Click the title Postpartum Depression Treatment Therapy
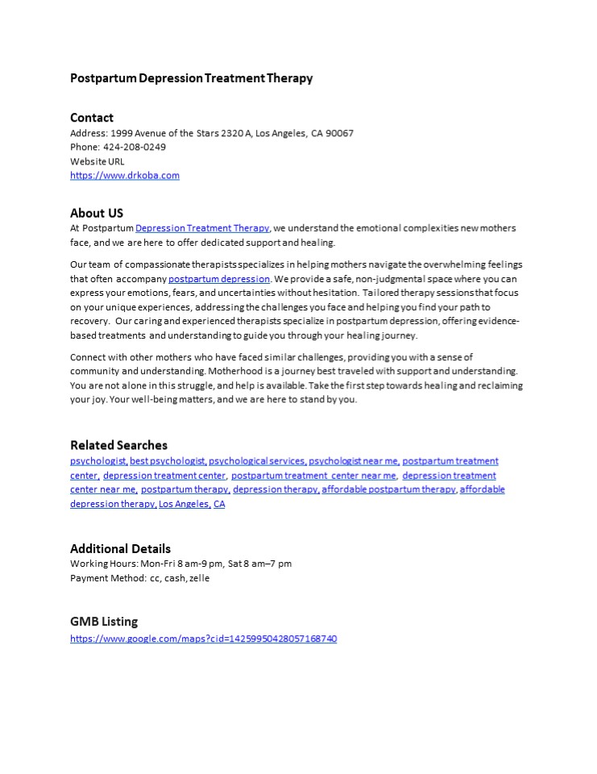[x=191, y=78]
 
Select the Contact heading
[x=92, y=118]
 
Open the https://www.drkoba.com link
[x=125, y=175]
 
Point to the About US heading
[x=97, y=214]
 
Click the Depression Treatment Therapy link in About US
[x=202, y=228]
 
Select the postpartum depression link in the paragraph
[x=219, y=279]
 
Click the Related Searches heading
[x=118, y=445]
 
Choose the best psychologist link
[x=168, y=461]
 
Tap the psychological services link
[x=257, y=461]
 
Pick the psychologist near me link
[x=354, y=461]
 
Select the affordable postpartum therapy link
[x=388, y=489]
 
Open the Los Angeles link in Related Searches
[x=184, y=504]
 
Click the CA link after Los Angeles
[x=219, y=504]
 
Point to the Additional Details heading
[x=120, y=549]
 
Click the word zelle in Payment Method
[x=199, y=578]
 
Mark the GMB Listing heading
[x=104, y=622]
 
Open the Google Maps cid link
[x=203, y=639]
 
